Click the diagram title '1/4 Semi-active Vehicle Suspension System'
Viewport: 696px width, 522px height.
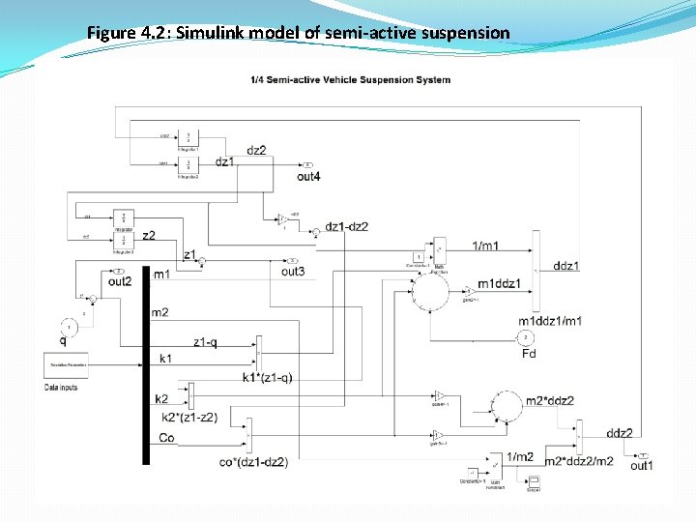pos(349,79)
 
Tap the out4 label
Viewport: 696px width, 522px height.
pos(308,177)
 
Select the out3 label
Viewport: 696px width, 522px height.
pos(292,272)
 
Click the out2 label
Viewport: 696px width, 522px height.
pos(120,281)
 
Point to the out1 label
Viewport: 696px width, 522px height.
pos(642,466)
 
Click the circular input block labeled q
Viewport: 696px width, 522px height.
pos(69,327)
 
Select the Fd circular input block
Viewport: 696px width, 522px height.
pos(527,337)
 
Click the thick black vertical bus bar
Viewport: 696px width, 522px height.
pos(146,367)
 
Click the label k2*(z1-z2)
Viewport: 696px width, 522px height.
pos(189,418)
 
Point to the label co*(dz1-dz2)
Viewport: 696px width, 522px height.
pos(253,461)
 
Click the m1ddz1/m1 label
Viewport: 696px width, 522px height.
pos(550,321)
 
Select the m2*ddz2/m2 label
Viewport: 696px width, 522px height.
pos(579,461)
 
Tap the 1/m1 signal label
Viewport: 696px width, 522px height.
pos(485,246)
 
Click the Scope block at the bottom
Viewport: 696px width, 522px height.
pos(533,480)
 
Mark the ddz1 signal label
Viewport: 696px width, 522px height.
pos(565,266)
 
